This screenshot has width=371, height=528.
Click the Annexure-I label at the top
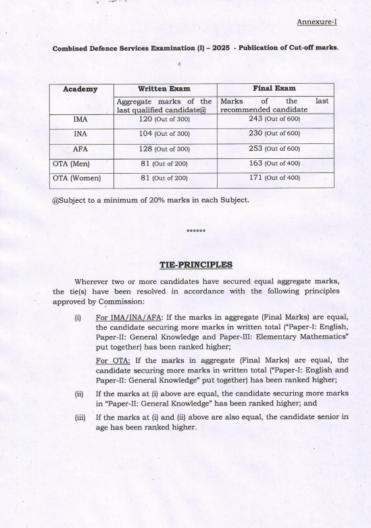coord(317,22)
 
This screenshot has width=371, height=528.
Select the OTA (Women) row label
coord(76,178)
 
